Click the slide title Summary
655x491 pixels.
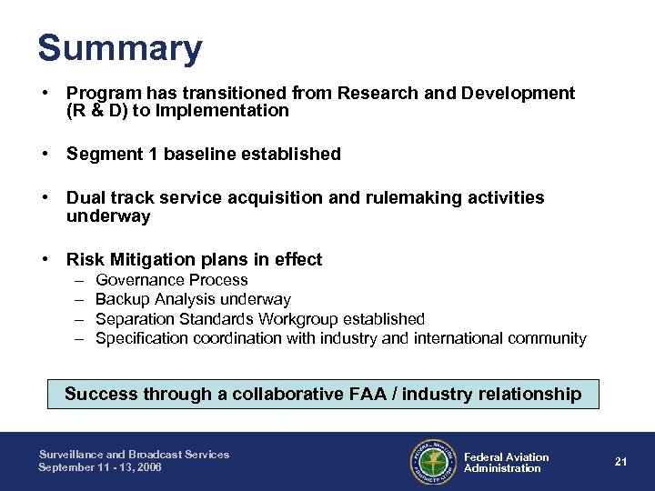tap(120, 48)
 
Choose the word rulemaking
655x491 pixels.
tap(392, 198)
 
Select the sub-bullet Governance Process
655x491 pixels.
tap(171, 280)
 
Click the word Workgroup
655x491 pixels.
tap(297, 319)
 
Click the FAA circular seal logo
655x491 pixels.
tap(434, 462)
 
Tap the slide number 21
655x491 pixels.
tap(621, 462)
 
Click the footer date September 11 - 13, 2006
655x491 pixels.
tap(99, 467)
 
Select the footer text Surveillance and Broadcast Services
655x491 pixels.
tap(134, 455)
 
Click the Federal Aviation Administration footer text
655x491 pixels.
tap(506, 462)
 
